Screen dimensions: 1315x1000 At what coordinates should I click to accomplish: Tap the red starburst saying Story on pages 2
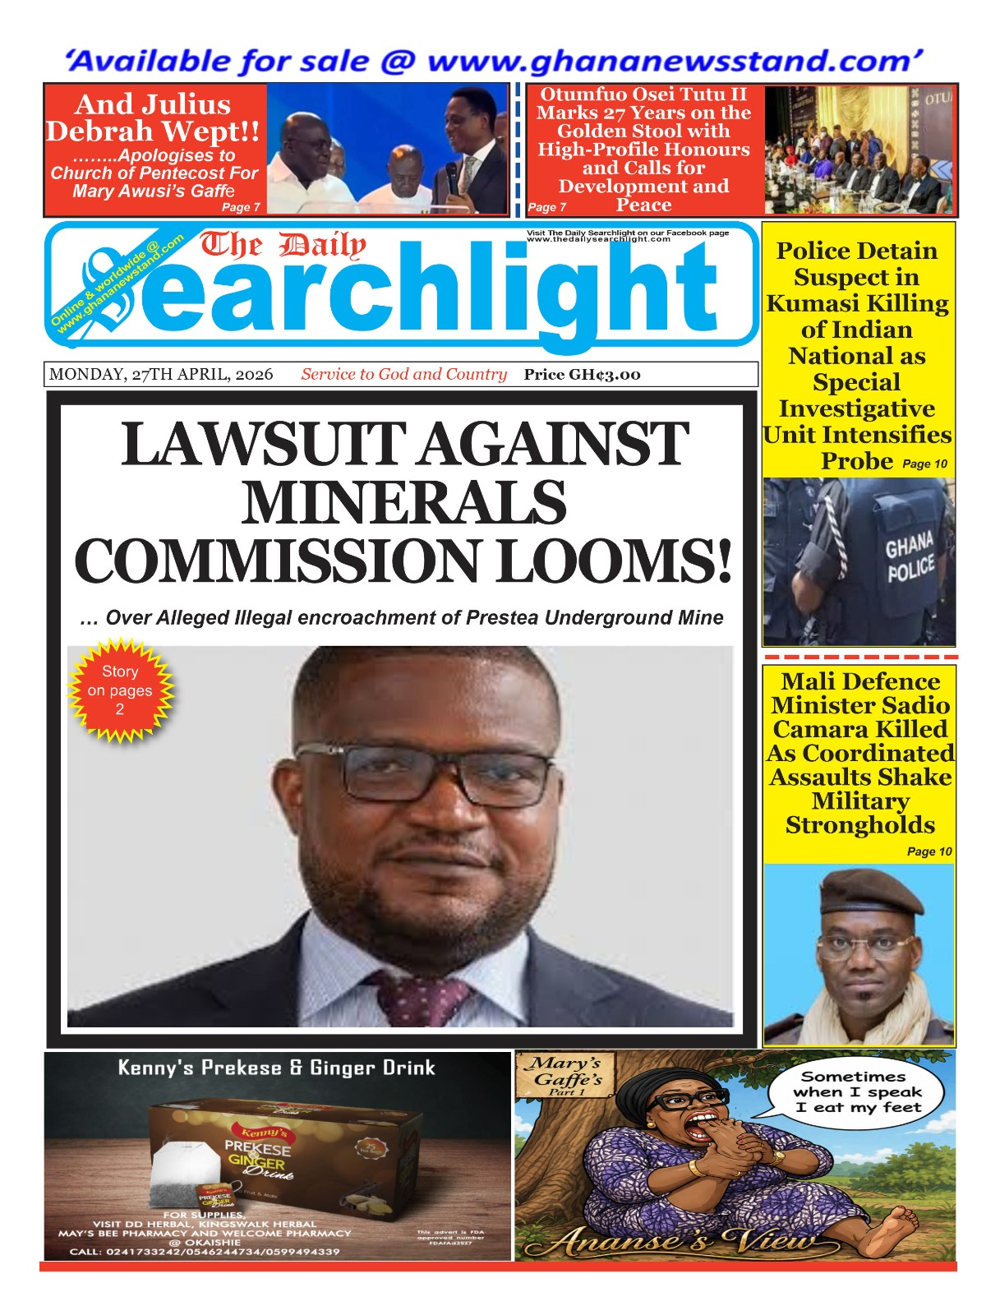click(x=120, y=690)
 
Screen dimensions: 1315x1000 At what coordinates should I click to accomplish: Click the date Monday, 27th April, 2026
click(x=161, y=375)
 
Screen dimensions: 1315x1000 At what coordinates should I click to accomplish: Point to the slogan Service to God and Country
click(x=403, y=375)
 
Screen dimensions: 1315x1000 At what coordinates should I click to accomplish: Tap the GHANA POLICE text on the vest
click(x=909, y=557)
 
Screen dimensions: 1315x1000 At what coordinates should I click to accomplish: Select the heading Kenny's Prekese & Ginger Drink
click(x=276, y=1068)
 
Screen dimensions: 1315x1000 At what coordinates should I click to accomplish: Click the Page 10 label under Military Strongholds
click(x=929, y=851)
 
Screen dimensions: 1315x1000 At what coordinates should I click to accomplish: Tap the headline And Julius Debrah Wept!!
click(x=153, y=118)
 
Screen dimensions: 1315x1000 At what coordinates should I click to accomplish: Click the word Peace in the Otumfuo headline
click(x=643, y=205)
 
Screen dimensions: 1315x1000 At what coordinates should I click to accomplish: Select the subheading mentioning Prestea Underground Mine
click(x=402, y=618)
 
